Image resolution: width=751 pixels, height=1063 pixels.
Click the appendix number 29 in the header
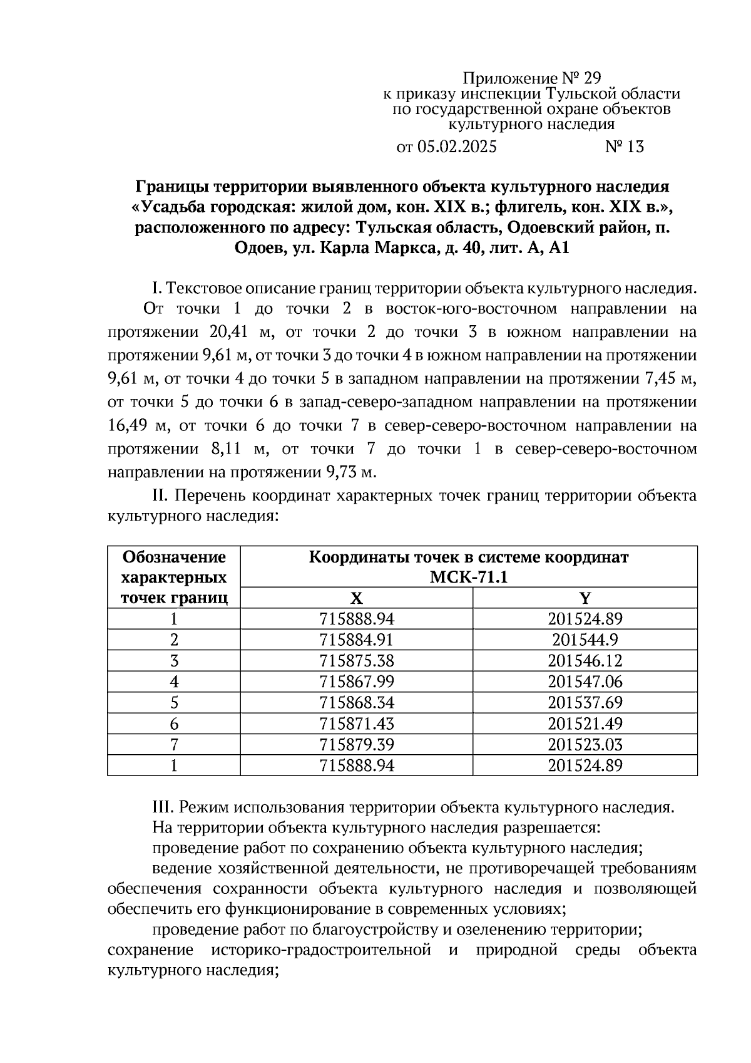pyautogui.click(x=591, y=78)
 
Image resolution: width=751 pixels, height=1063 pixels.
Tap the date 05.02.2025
pyautogui.click(x=456, y=147)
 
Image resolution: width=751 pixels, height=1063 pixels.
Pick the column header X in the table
pyautogui.click(x=356, y=598)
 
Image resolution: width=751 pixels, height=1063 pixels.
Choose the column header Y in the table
pyautogui.click(x=585, y=598)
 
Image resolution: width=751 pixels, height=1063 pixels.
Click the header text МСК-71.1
pyautogui.click(x=469, y=577)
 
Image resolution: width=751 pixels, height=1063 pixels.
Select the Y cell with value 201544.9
pyautogui.click(x=585, y=640)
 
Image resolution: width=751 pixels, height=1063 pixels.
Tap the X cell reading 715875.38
pyautogui.click(x=357, y=661)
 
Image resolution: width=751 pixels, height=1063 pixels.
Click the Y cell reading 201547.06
pyautogui.click(x=585, y=682)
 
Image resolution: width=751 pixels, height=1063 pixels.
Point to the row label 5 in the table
pyautogui.click(x=174, y=703)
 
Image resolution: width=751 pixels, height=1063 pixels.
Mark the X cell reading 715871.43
pyautogui.click(x=357, y=723)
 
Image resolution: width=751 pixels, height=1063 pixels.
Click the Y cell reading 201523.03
pyautogui.click(x=585, y=745)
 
